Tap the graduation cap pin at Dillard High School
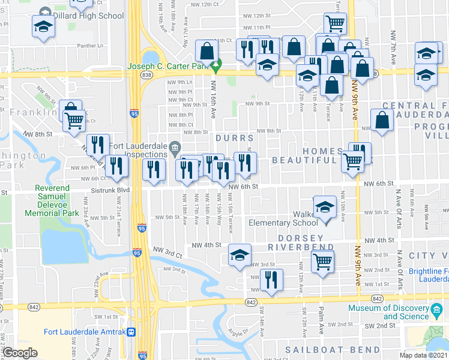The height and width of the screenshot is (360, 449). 43,26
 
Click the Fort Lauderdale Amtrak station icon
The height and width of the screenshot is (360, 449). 131,332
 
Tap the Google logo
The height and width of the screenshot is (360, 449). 20,353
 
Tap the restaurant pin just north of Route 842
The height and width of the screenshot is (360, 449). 271,280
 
